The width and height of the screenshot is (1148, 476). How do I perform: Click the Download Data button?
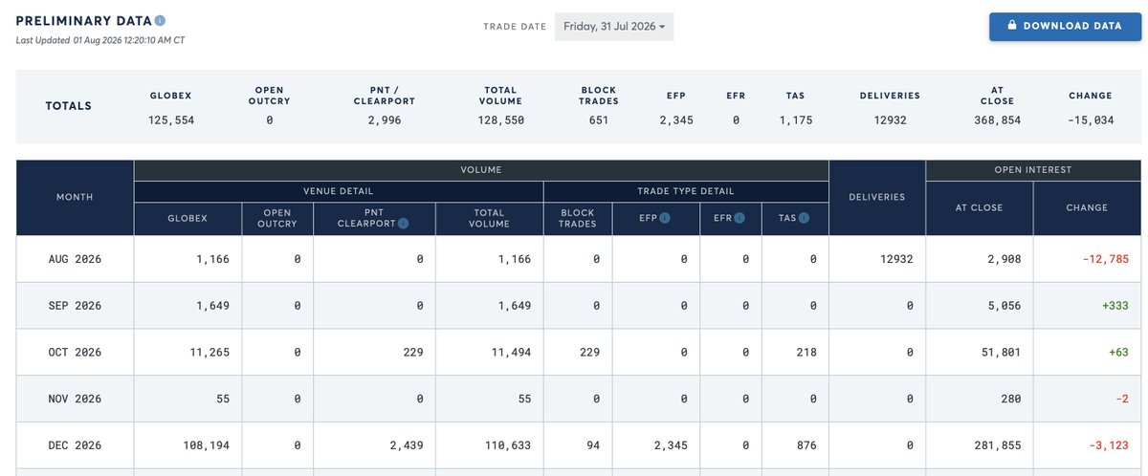click(1065, 26)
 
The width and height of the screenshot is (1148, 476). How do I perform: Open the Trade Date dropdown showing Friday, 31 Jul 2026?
click(614, 27)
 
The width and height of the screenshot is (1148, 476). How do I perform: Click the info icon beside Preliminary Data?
click(160, 20)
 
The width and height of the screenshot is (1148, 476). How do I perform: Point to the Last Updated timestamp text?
click(99, 40)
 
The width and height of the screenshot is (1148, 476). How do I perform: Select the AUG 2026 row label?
click(75, 259)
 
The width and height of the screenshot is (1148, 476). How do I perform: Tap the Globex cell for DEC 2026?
click(206, 445)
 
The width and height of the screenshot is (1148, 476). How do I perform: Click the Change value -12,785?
click(1106, 259)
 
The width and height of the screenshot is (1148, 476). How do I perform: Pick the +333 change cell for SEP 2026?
click(1115, 306)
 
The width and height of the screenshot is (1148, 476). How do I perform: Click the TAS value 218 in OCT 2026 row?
click(806, 352)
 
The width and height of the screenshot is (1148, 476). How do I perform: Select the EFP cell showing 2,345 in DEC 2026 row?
click(671, 445)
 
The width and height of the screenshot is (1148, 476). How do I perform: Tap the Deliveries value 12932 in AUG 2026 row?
click(896, 259)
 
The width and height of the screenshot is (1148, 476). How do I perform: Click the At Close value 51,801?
click(1001, 352)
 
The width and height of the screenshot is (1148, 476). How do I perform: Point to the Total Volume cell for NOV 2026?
click(524, 399)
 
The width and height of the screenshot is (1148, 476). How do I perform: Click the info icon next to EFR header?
click(739, 218)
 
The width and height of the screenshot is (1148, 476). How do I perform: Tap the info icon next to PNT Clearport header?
click(404, 223)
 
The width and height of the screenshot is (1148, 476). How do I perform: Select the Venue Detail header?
click(339, 191)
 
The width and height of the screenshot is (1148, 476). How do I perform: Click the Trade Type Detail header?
click(686, 191)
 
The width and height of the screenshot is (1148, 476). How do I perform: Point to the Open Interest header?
click(1032, 169)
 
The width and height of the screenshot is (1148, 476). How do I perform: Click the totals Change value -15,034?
click(1091, 120)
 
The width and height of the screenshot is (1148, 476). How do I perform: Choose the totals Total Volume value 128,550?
click(500, 120)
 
